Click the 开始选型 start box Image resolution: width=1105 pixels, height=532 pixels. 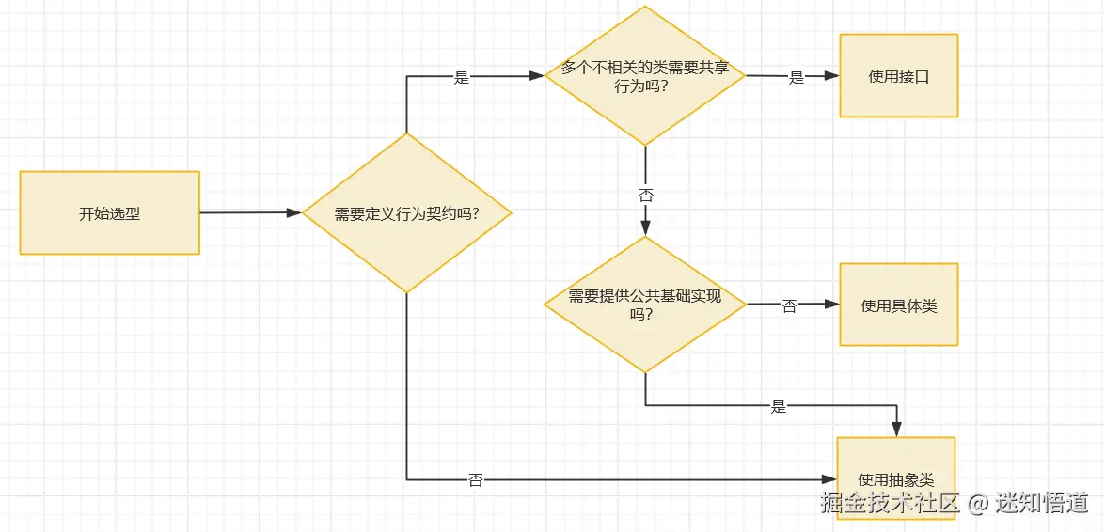point(109,213)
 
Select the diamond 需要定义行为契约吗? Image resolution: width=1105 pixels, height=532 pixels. point(406,213)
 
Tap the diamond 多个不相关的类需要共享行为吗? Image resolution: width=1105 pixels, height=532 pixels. point(645,76)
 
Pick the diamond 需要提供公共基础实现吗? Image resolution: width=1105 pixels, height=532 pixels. point(645,304)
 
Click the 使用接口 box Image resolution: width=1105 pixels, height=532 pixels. point(898,76)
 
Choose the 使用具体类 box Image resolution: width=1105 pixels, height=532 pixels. point(898,305)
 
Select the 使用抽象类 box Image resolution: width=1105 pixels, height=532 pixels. point(895,478)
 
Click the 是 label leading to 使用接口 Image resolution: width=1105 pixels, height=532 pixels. point(797,78)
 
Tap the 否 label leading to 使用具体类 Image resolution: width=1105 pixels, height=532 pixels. point(789,306)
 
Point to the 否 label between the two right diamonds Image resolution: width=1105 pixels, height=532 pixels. point(645,196)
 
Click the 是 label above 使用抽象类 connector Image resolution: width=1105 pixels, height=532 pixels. point(778,407)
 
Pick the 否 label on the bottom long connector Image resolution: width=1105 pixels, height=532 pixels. point(476,480)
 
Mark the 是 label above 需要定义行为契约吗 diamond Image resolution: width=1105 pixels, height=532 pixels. point(461,78)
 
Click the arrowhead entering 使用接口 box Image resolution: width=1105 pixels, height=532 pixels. point(831,77)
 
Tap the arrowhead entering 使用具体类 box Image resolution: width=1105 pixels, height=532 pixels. point(831,305)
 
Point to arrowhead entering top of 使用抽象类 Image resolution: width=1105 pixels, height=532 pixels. point(897,430)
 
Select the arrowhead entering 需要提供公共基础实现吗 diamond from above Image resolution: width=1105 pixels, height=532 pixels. point(645,227)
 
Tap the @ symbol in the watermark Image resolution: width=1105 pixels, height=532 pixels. point(978,505)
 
